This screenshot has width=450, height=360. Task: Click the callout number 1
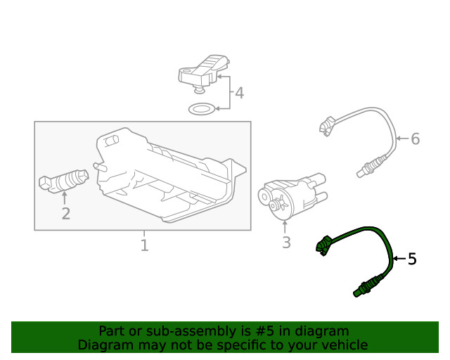(144, 245)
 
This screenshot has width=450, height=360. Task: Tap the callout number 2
(65, 213)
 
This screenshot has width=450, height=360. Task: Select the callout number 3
(285, 243)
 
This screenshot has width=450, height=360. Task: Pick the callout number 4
(239, 93)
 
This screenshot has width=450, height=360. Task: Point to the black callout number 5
(412, 259)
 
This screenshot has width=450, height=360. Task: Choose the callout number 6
(415, 139)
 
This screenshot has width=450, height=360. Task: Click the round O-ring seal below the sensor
(202, 109)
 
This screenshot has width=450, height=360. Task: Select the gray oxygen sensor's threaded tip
(361, 168)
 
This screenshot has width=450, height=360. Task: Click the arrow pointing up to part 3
(285, 226)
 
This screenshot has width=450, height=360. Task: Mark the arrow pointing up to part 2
(65, 199)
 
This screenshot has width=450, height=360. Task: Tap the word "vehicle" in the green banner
(343, 345)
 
